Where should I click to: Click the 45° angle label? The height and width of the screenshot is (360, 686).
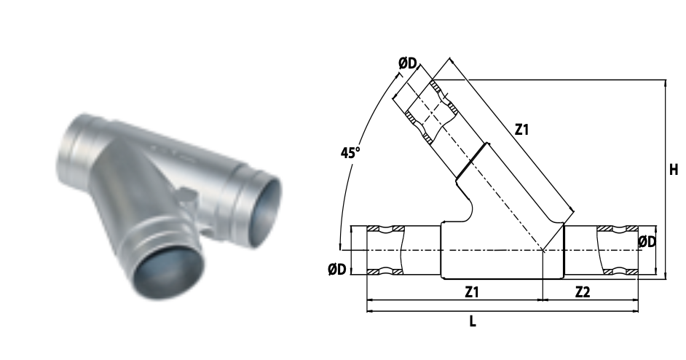tap(350, 153)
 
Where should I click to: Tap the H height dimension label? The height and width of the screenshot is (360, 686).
tap(674, 170)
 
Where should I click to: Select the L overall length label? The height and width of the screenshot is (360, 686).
tap(473, 322)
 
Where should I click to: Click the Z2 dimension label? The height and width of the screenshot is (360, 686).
tap(583, 292)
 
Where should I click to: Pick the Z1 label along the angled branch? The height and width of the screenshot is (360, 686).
tap(521, 130)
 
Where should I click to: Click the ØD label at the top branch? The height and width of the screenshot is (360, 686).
tap(408, 64)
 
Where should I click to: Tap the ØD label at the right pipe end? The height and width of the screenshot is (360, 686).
tap(647, 242)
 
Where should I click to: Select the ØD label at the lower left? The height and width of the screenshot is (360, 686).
tap(337, 269)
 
